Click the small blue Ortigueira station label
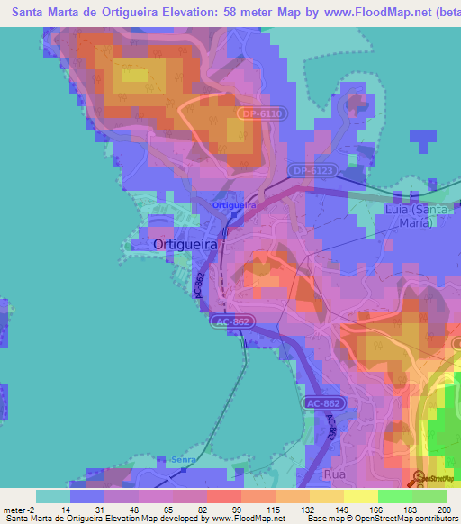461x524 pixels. (x=234, y=205)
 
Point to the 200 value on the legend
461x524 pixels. (x=442, y=510)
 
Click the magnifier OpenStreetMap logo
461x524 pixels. (x=418, y=478)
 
